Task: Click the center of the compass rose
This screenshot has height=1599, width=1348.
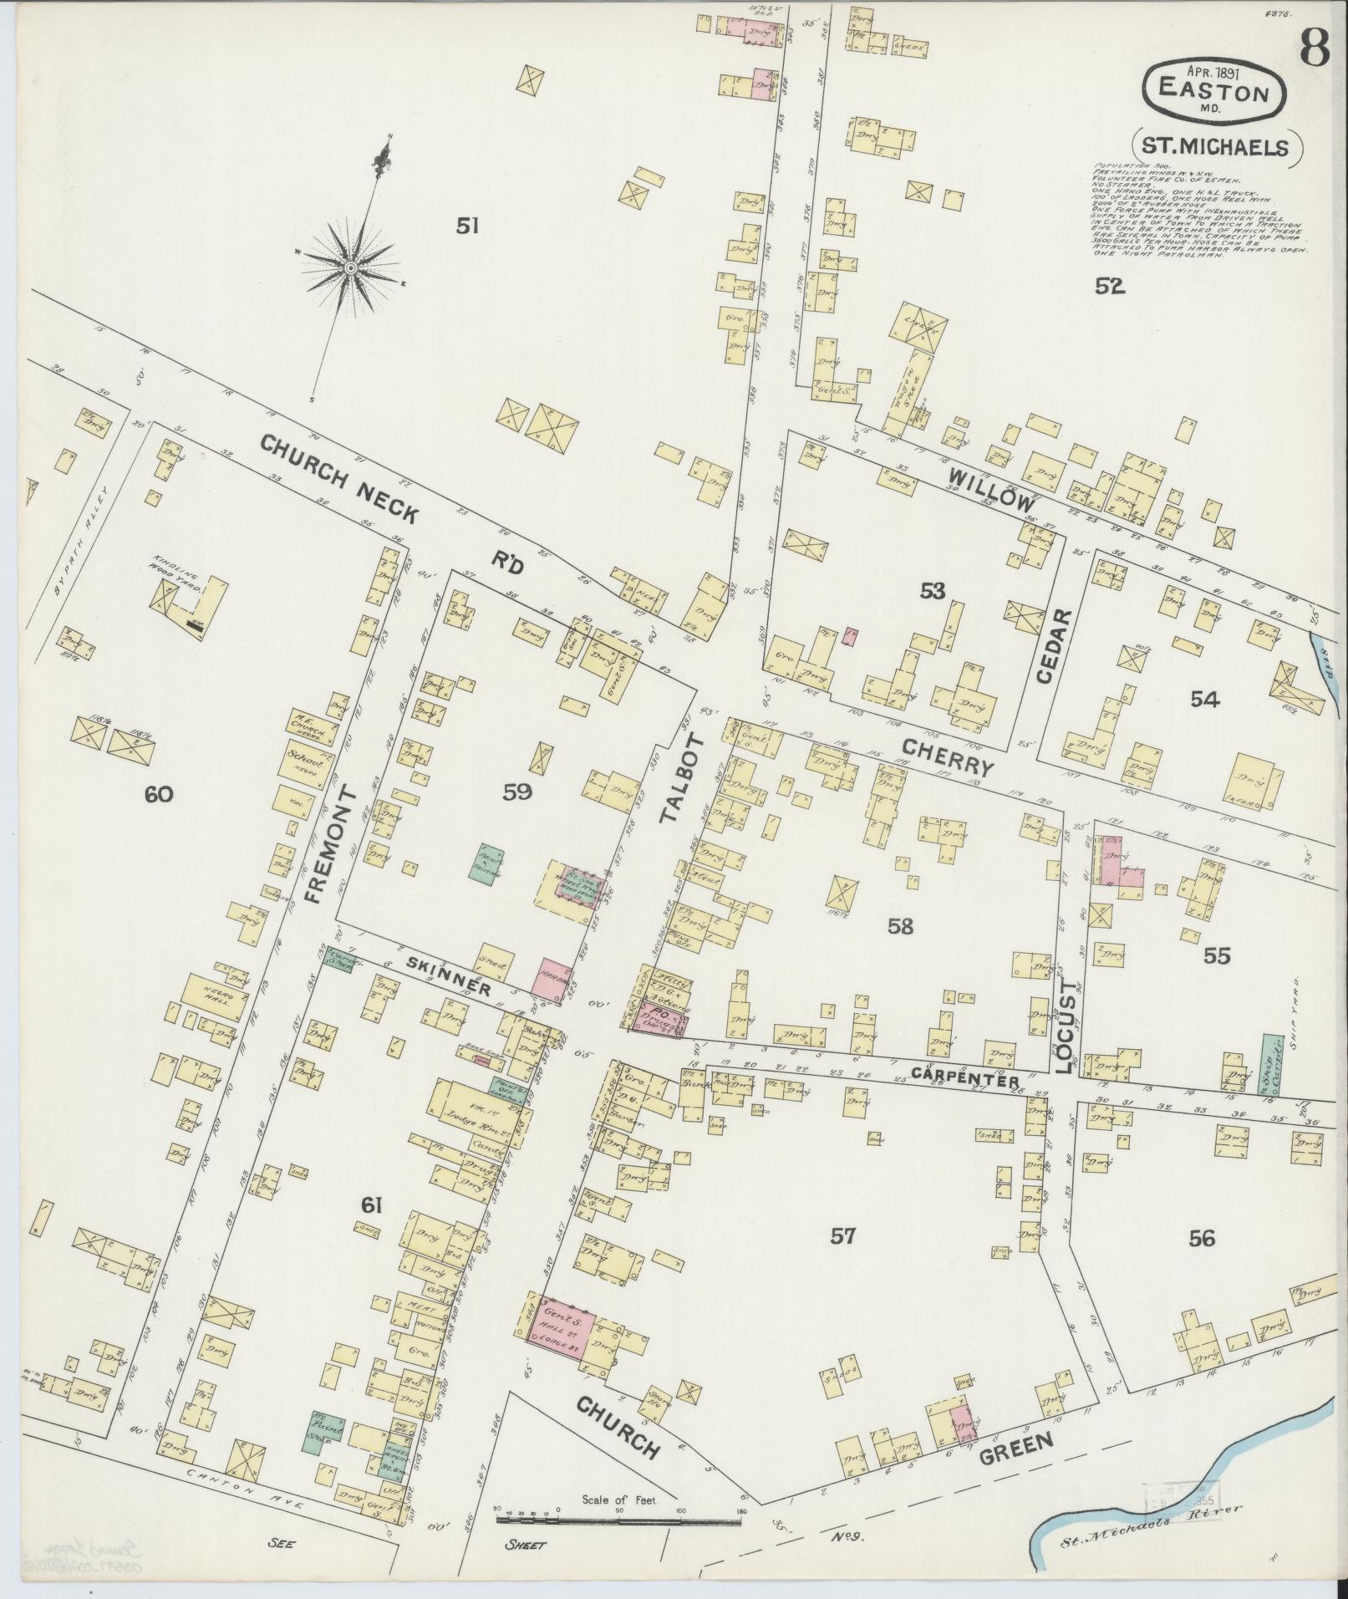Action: click(x=351, y=267)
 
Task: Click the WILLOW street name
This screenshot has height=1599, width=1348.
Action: click(x=991, y=489)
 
